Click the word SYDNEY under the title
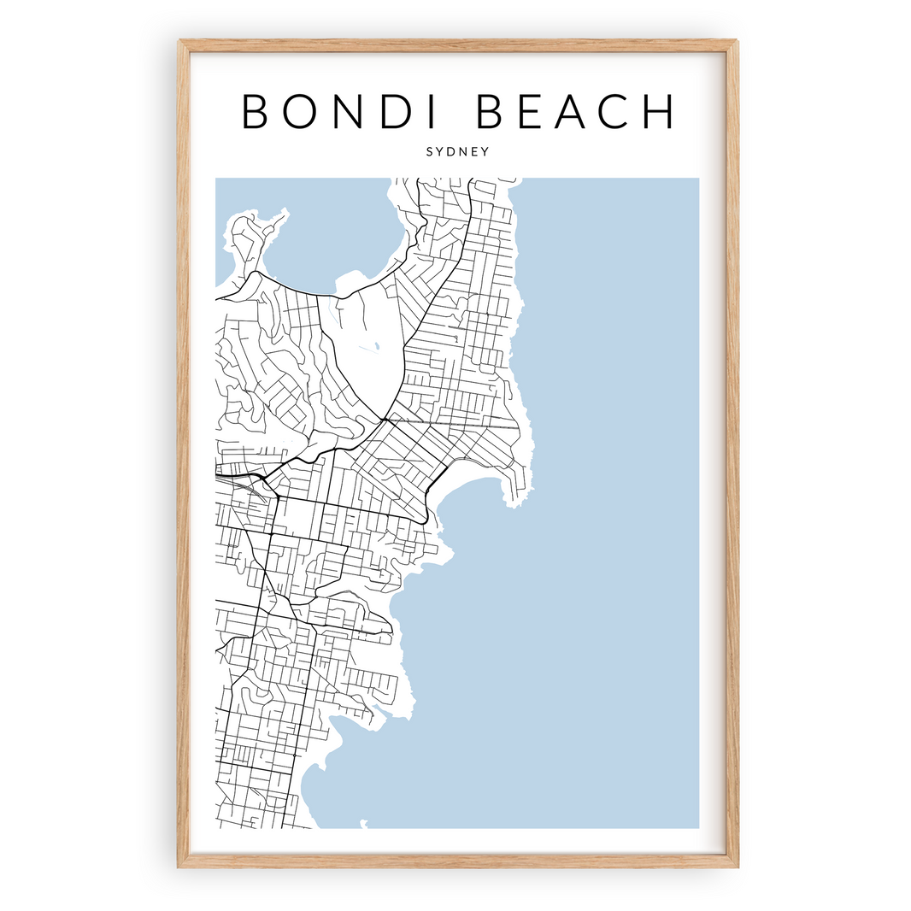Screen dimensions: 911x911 (x=457, y=151)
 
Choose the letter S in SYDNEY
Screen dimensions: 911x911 (x=429, y=151)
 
